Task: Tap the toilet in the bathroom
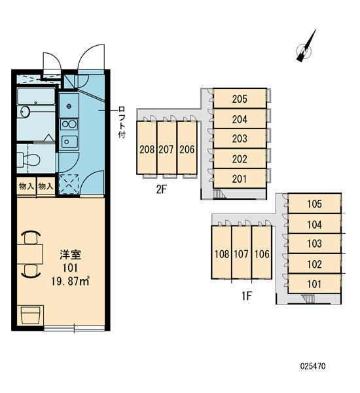point(29,159)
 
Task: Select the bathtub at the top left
point(36,96)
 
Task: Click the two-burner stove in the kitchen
point(69,124)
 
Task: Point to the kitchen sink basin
point(69,142)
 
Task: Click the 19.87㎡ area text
point(70,281)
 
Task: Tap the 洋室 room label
point(71,255)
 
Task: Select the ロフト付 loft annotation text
point(122,122)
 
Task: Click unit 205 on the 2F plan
point(240,99)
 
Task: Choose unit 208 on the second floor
point(147,149)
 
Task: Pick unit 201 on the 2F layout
point(240,179)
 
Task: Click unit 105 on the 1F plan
point(314,204)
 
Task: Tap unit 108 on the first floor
point(222,254)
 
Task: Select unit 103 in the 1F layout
point(314,244)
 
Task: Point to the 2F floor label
point(161,189)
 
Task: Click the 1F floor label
point(247,296)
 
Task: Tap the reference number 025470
point(313,366)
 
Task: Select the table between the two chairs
point(30,254)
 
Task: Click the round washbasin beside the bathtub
point(25,111)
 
